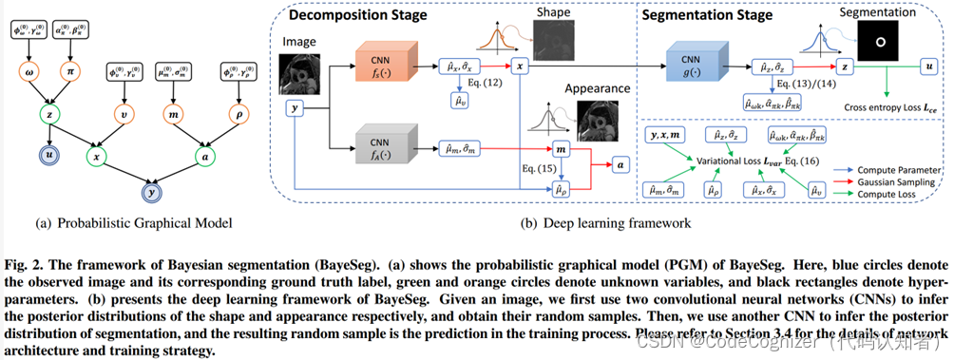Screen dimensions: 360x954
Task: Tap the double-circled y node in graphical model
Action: click(x=148, y=195)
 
